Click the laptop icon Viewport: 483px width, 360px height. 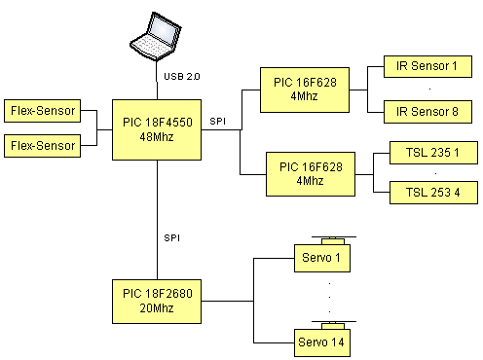156,36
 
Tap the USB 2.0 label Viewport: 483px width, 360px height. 182,77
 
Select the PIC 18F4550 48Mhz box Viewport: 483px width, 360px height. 157,129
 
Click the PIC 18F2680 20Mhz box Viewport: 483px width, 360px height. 157,302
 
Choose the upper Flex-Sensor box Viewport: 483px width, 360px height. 42,111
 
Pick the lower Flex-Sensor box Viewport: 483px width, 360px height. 42,146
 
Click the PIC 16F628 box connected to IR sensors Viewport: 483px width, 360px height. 305,90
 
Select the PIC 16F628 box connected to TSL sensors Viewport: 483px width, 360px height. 311,174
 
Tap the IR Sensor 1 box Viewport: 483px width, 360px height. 427,66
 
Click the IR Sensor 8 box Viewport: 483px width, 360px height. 427,112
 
